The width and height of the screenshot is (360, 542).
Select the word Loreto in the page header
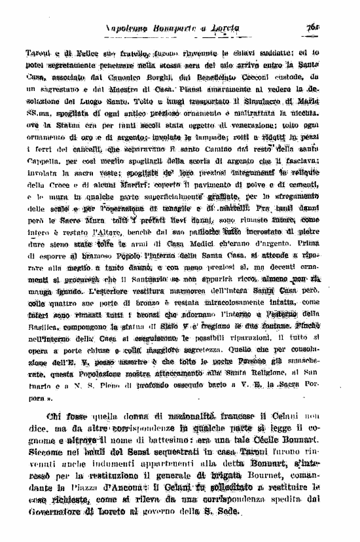coord(226,27)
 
